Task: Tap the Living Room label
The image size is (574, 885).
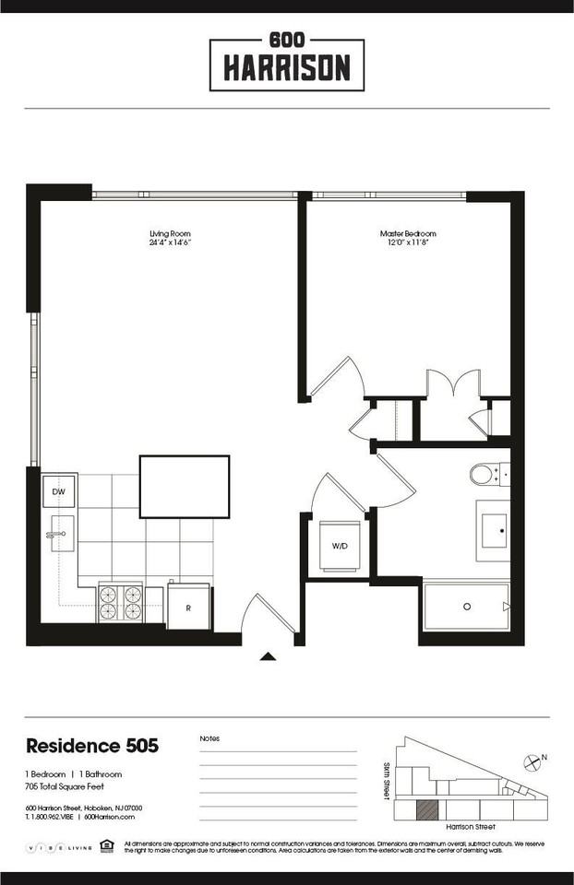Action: [170, 238]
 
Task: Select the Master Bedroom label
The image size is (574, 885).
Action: [408, 238]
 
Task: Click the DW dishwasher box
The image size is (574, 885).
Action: [59, 491]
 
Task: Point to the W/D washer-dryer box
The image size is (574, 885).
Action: [340, 547]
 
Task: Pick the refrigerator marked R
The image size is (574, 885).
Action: [188, 608]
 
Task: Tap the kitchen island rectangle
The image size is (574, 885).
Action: [185, 486]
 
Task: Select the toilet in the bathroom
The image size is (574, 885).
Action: [484, 475]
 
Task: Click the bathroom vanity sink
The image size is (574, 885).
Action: [493, 530]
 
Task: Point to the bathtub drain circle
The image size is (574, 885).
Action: [467, 606]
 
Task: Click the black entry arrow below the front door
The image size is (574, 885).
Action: [268, 656]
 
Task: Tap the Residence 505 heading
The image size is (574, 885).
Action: [92, 746]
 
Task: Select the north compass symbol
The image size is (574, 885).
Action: [532, 762]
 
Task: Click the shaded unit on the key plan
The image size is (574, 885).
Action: [427, 810]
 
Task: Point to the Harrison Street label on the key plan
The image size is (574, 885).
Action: [472, 828]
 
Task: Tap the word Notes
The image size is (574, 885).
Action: [209, 738]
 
